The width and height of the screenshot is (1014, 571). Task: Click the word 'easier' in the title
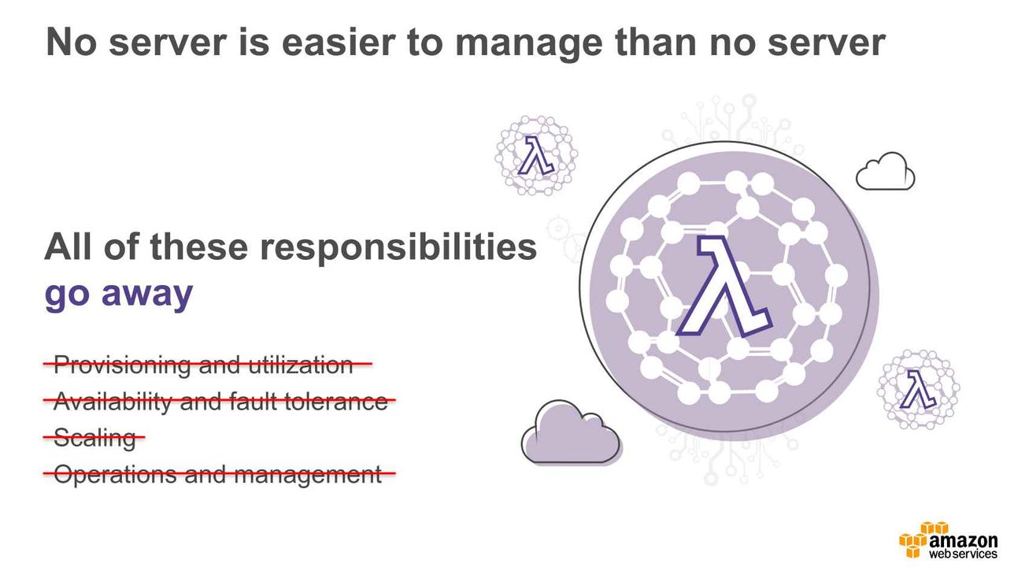pyautogui.click(x=339, y=42)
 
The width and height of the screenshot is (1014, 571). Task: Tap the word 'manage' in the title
pyautogui.click(x=529, y=44)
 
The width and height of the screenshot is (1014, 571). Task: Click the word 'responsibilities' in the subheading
pyautogui.click(x=398, y=247)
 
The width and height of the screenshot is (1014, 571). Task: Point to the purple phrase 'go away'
pyautogui.click(x=119, y=295)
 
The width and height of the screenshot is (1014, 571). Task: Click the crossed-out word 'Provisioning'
pyautogui.click(x=122, y=365)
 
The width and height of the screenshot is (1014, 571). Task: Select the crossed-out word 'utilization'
pyautogui.click(x=301, y=365)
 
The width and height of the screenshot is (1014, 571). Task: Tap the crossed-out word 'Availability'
pyautogui.click(x=112, y=402)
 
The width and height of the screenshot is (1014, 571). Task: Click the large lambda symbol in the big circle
pyautogui.click(x=724, y=286)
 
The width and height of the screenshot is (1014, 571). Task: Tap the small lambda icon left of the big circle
pyautogui.click(x=536, y=155)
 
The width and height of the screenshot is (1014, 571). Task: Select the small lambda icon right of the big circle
pyautogui.click(x=918, y=389)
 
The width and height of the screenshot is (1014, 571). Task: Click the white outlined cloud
pyautogui.click(x=885, y=171)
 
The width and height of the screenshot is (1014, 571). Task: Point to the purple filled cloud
pyautogui.click(x=572, y=432)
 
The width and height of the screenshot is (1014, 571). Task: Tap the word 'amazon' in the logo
pyautogui.click(x=963, y=540)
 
